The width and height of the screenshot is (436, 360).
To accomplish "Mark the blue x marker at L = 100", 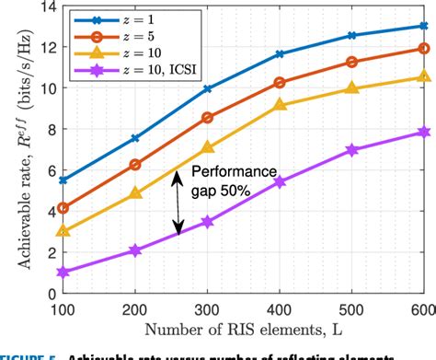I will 63,180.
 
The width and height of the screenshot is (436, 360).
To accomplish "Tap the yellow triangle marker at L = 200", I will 136,193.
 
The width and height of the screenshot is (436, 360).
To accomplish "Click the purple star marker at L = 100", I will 63,272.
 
